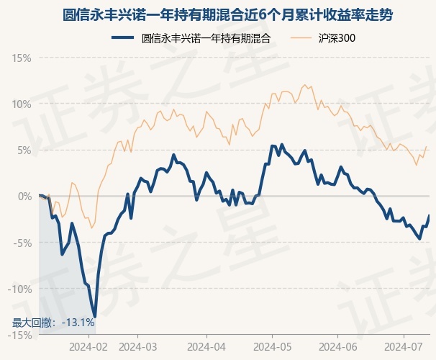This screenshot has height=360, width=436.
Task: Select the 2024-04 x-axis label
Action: point(206,346)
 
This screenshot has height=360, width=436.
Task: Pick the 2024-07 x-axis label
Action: point(404,346)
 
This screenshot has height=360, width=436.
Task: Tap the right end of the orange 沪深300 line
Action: point(427,146)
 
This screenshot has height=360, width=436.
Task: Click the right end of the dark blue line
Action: point(429,215)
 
